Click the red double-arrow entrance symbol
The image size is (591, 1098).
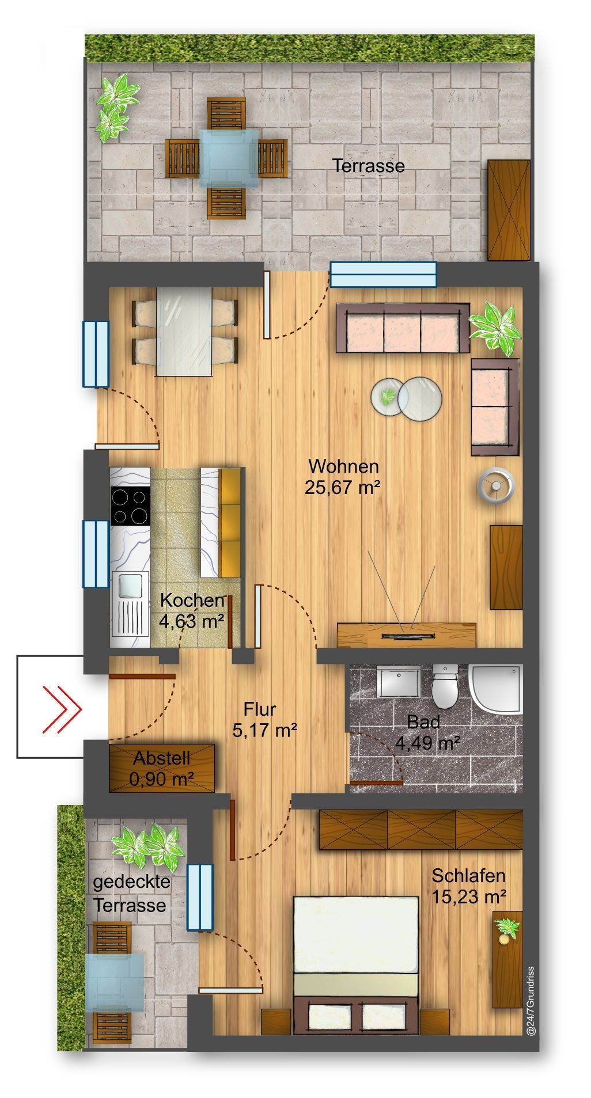pyautogui.click(x=62, y=709)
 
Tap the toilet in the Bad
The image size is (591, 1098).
pyautogui.click(x=444, y=686)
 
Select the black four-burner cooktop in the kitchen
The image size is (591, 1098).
pyautogui.click(x=130, y=507)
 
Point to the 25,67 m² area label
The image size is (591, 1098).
pyautogui.click(x=343, y=488)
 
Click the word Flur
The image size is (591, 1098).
pyautogui.click(x=259, y=709)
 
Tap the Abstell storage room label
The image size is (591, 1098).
pyautogui.click(x=162, y=758)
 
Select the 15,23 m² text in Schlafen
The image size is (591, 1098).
pyautogui.click(x=469, y=896)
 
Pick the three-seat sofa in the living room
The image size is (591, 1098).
pyautogui.click(x=402, y=329)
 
